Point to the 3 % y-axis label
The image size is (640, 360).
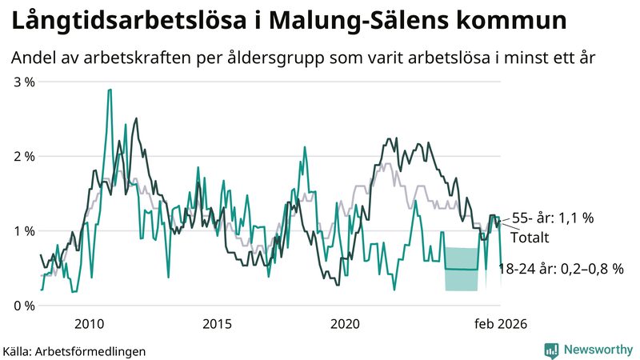tap(22, 82)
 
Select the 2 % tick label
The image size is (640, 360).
tap(22, 156)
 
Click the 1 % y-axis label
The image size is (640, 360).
tap(22, 230)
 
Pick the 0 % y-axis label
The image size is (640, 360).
tap(22, 305)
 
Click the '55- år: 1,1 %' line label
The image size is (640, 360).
tap(553, 217)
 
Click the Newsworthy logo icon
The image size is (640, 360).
tap(551, 349)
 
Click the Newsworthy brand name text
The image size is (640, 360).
tap(596, 349)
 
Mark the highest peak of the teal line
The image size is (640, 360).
tap(109, 90)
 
